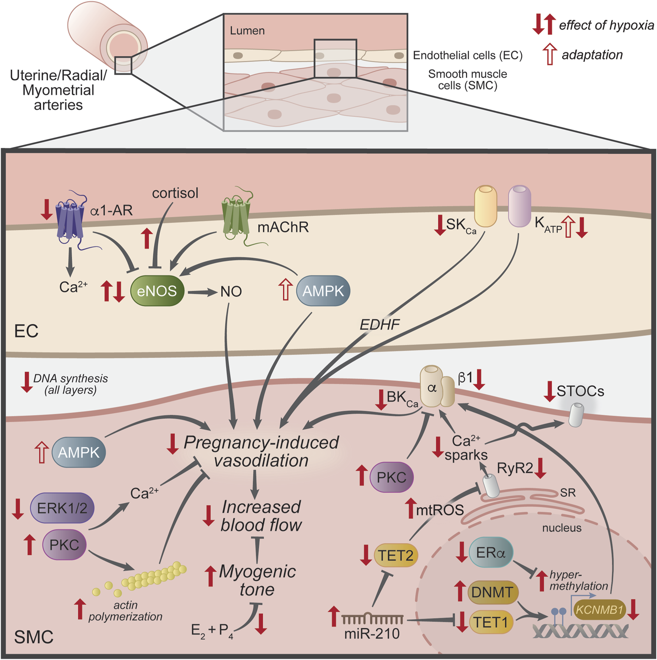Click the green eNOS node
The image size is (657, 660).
157,291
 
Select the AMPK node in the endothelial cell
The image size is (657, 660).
323,291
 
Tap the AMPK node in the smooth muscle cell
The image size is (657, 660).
79,452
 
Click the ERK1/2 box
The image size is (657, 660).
62,508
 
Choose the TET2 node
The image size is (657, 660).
396,555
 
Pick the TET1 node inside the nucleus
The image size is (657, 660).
491,622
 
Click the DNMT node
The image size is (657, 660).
492,592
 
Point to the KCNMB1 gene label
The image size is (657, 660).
599,610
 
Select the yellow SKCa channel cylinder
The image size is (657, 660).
486,206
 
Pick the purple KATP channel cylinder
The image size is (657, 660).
519,206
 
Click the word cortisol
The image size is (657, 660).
175,193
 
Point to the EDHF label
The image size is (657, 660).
380,325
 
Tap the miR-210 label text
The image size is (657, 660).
372,634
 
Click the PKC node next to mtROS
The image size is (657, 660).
392,477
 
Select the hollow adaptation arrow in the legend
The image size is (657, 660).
549,54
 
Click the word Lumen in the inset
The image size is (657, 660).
247,30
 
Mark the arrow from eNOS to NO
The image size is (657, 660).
202,292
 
